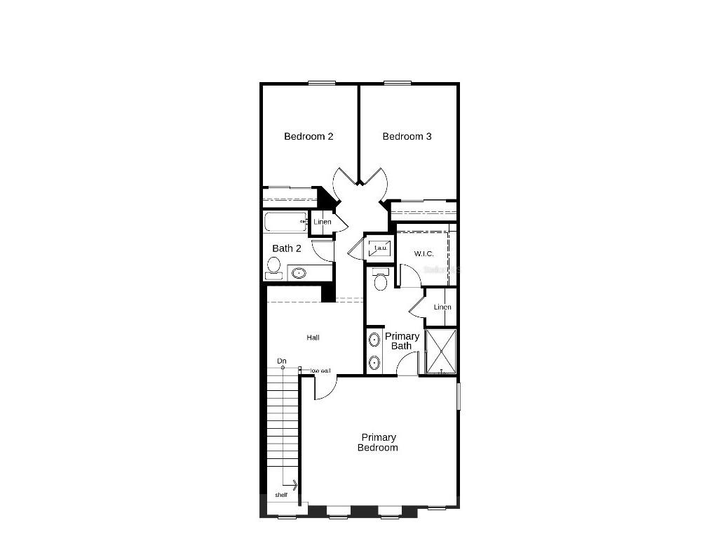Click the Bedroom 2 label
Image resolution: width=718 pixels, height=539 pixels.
coord(309,136)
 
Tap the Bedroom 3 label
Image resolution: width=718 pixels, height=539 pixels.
coord(407,136)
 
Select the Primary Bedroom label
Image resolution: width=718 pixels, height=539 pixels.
coord(378,442)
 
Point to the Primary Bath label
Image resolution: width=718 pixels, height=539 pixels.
coord(402,340)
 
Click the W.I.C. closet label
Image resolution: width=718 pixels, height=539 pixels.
coord(424,253)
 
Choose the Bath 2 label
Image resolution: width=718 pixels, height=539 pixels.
coord(287,248)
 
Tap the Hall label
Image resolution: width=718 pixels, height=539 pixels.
coord(313,338)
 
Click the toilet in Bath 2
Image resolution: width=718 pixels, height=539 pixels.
coord(273,267)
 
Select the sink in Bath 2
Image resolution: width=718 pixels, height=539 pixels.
coord(299,273)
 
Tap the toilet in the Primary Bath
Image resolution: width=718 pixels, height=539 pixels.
coord(381,281)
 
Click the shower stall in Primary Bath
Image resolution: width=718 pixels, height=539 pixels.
coord(441,350)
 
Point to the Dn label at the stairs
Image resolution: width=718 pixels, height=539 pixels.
coord(282,361)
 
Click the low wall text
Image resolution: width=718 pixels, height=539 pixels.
coord(320,371)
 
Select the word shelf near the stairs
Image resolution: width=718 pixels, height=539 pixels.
coord(281,495)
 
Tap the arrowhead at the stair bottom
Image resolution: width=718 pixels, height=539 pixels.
coord(295,484)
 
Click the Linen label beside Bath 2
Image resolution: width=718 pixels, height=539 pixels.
coord(323,222)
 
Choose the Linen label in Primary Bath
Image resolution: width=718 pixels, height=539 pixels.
coord(442,307)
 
